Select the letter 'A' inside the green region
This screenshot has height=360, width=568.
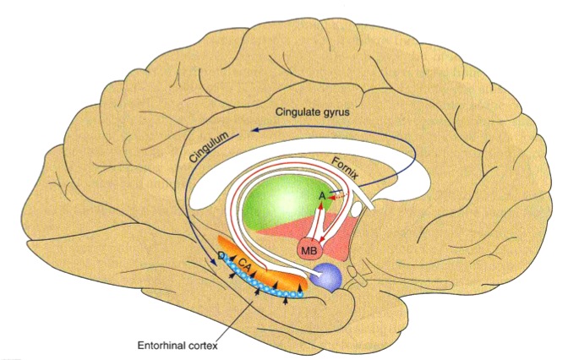click(x=321, y=196)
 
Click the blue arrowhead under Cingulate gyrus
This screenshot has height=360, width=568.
click(x=247, y=133)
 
